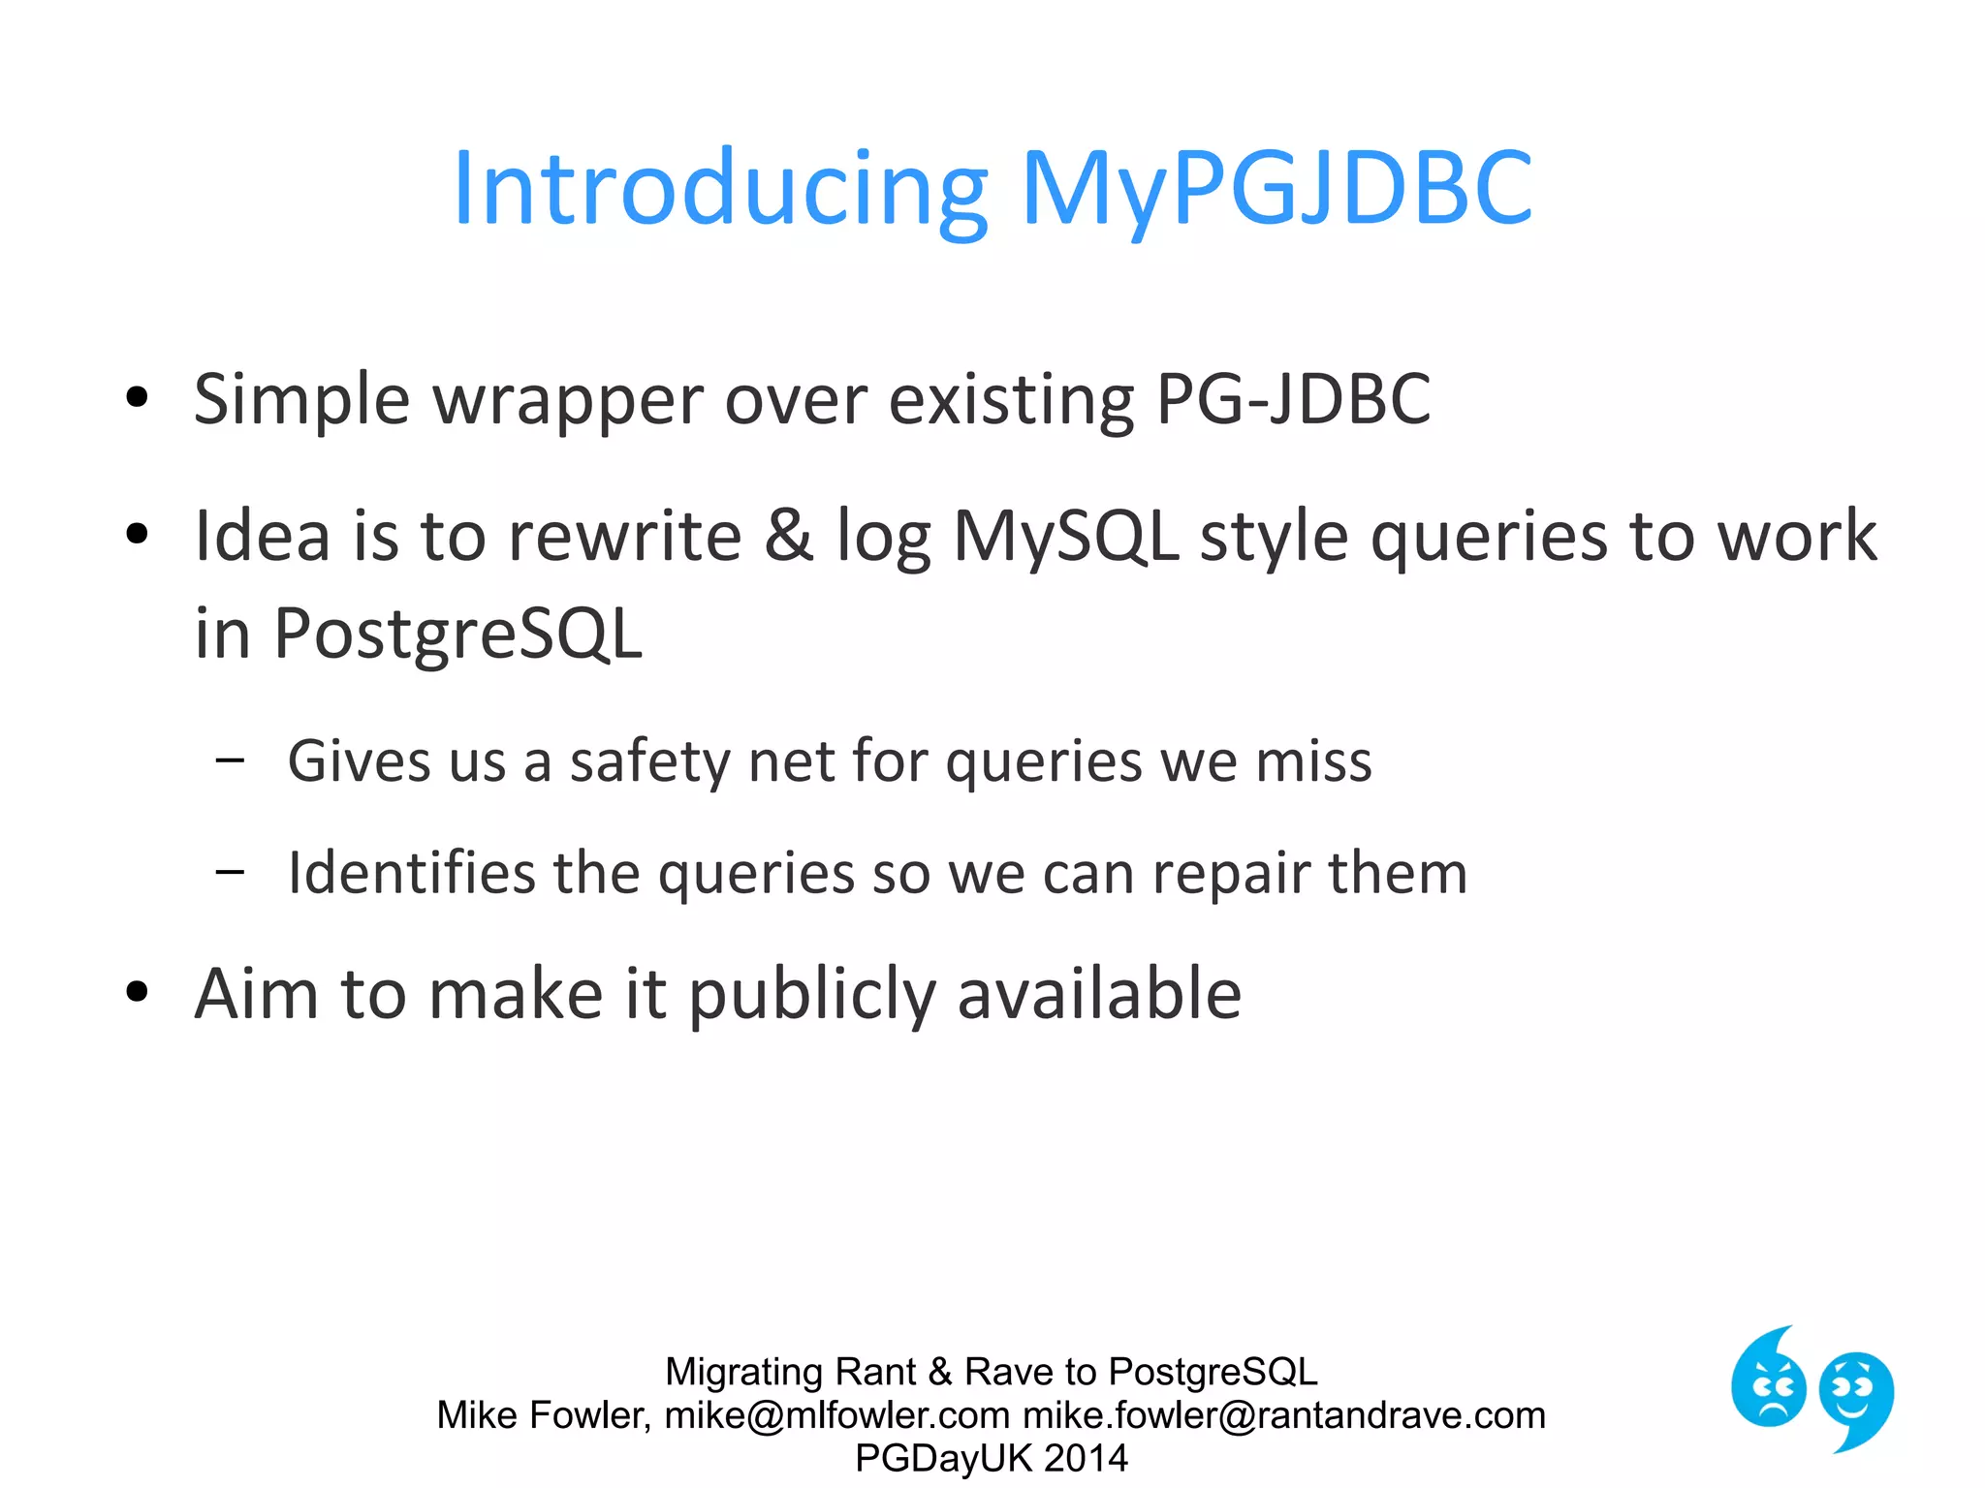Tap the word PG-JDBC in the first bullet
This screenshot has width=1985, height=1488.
point(1293,399)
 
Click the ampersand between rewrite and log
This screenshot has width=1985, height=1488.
point(788,536)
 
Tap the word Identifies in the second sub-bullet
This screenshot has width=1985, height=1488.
point(411,873)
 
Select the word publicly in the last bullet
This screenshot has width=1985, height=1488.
point(812,996)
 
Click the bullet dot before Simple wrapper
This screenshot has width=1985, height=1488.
point(138,397)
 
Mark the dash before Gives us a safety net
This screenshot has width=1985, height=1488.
point(231,759)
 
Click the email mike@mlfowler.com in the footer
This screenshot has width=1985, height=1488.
point(836,1415)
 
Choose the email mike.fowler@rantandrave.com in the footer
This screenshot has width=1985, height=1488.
point(1283,1415)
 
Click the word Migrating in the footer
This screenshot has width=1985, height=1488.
point(743,1372)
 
